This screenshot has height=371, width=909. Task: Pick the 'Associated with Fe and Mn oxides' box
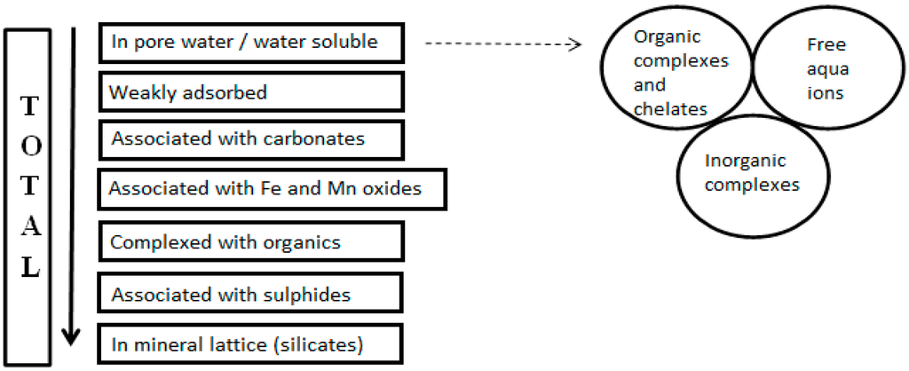point(272,189)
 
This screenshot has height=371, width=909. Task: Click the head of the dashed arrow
point(574,43)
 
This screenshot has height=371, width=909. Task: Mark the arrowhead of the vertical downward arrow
point(71,337)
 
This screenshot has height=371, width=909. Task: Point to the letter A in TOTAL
point(29,227)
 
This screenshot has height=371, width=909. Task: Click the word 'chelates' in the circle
point(670,109)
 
